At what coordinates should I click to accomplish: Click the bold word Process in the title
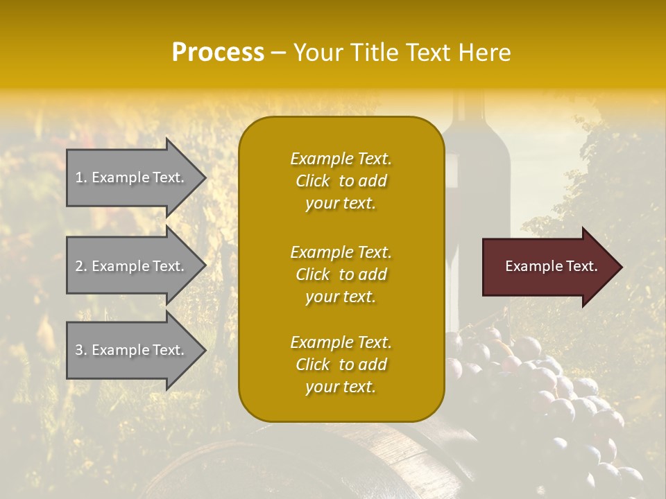click(x=218, y=53)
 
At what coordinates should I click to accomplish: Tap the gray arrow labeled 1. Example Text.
click(x=132, y=177)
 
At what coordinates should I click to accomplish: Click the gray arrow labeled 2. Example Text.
click(x=132, y=266)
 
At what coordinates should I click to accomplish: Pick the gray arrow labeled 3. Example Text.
click(x=132, y=350)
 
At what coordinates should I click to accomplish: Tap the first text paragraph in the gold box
click(x=341, y=181)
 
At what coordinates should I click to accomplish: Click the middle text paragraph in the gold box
click(x=341, y=274)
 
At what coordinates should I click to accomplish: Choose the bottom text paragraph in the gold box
click(x=341, y=365)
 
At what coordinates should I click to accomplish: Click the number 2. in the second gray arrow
click(x=81, y=266)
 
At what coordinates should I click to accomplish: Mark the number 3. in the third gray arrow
click(x=81, y=350)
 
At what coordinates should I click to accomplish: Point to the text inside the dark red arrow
click(x=551, y=267)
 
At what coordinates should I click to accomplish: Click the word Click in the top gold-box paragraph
click(x=313, y=181)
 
